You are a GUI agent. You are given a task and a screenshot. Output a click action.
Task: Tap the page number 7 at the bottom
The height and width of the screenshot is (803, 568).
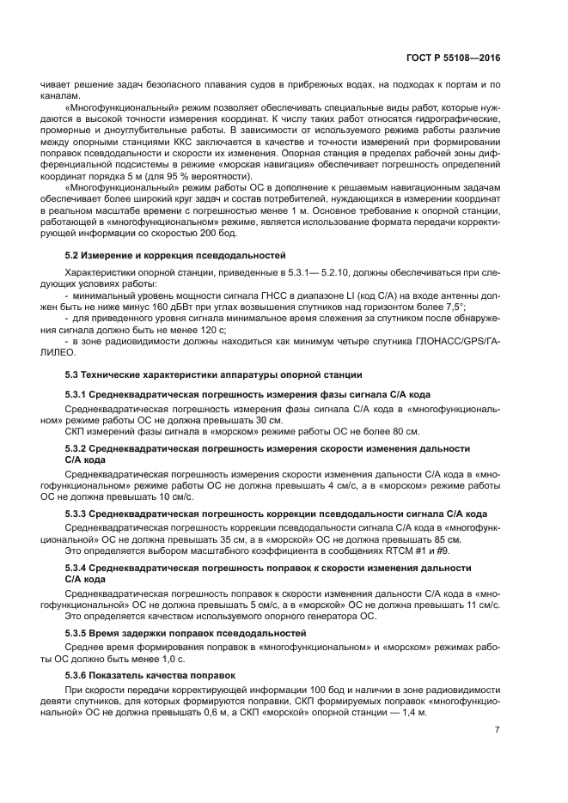[498, 730]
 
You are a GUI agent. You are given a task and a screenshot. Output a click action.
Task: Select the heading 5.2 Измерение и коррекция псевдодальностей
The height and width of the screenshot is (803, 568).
[176, 257]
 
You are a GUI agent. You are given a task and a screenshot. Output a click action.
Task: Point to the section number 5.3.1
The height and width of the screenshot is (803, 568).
[76, 394]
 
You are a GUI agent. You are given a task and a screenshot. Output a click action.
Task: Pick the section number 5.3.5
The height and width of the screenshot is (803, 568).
[76, 633]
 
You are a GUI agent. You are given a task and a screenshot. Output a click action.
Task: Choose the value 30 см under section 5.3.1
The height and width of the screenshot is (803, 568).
[269, 421]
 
